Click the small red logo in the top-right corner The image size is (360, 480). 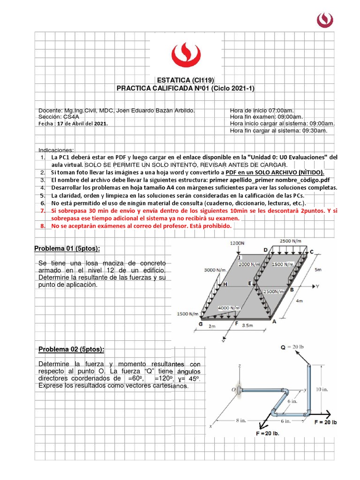click(x=325, y=19)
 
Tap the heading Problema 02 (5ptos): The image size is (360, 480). click(x=71, y=349)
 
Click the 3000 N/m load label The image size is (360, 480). click(x=215, y=270)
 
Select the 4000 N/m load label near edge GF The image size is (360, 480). click(x=229, y=307)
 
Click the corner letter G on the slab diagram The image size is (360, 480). click(x=201, y=324)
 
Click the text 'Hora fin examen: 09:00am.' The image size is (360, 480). click(x=266, y=117)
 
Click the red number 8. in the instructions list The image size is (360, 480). click(x=43, y=225)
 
